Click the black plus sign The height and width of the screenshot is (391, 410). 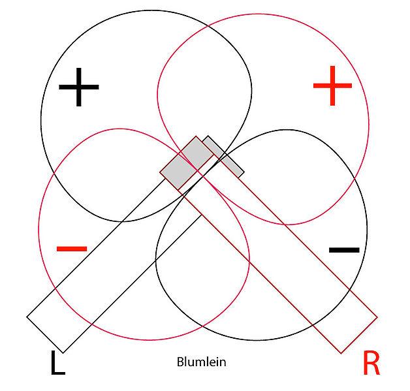(x=79, y=87)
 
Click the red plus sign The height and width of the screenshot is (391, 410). (x=332, y=86)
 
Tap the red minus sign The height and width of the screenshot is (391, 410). (x=72, y=249)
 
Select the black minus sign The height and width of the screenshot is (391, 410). (x=344, y=250)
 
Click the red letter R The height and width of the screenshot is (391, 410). (x=371, y=363)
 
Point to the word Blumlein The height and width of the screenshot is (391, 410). (x=201, y=362)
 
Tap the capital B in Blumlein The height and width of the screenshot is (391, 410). (x=180, y=362)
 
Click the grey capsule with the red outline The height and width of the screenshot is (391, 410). (x=187, y=163)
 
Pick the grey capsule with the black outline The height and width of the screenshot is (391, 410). (x=223, y=156)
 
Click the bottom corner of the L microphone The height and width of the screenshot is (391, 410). (x=63, y=353)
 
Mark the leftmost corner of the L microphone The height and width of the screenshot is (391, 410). (x=27, y=317)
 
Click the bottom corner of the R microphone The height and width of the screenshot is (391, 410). (x=341, y=353)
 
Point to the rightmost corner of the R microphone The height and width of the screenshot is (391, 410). (x=377, y=317)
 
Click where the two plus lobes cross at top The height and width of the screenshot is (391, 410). (x=208, y=26)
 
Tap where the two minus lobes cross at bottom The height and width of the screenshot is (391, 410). (x=202, y=326)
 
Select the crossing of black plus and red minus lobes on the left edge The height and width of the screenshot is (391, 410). (x=54, y=174)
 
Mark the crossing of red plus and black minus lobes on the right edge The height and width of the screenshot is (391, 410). (x=355, y=179)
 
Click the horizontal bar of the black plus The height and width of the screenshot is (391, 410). (x=79, y=87)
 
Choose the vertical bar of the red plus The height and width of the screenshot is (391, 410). (x=332, y=86)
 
